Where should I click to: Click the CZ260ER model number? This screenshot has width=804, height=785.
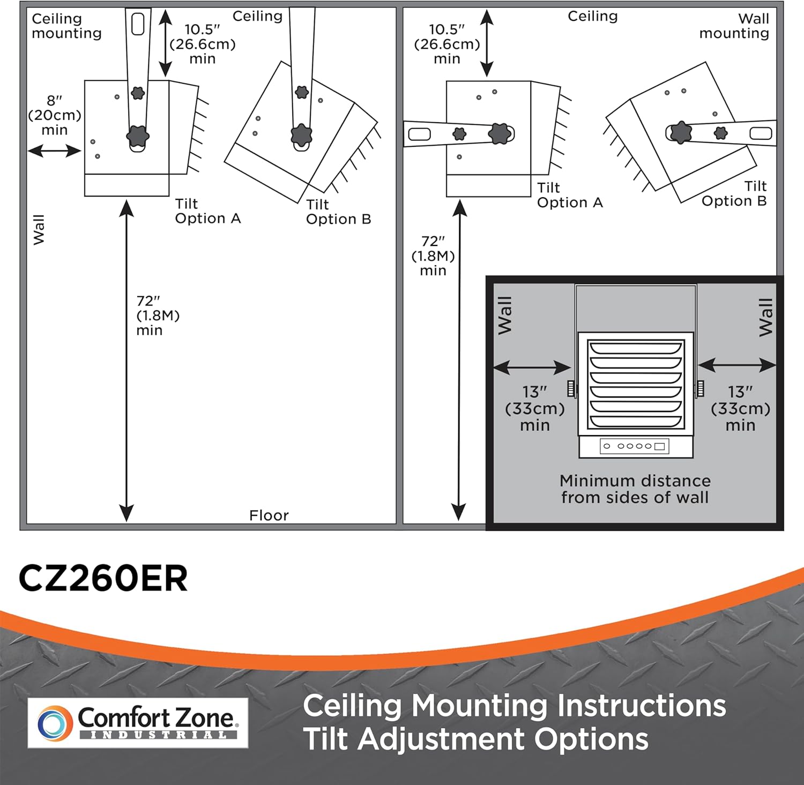103,579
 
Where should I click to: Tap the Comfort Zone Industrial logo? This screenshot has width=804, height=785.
138,723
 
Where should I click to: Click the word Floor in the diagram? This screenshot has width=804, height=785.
269,515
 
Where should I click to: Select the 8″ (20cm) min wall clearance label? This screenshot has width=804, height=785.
55,115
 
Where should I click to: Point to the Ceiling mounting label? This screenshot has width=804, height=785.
66,26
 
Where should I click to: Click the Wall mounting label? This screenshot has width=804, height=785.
734,26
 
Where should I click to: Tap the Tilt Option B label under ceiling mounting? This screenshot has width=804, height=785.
339,212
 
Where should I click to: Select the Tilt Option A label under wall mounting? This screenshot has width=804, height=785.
570,195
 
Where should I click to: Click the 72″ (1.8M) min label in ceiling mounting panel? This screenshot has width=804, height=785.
158,316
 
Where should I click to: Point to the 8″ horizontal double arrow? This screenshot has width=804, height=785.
54,151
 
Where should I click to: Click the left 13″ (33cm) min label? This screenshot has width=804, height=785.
535,408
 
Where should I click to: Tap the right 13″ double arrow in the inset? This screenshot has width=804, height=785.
737,365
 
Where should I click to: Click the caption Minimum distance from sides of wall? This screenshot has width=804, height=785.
635,489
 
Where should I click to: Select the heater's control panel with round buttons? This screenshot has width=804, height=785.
635,446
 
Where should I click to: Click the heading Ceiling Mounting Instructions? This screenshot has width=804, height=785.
515,706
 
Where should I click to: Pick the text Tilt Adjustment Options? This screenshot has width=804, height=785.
476,739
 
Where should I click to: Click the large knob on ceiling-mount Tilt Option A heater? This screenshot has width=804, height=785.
138,136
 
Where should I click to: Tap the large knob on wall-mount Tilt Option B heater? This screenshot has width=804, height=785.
680,132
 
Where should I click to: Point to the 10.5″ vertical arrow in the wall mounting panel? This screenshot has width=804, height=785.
487,43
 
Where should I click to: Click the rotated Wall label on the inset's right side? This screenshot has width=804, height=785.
766,317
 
